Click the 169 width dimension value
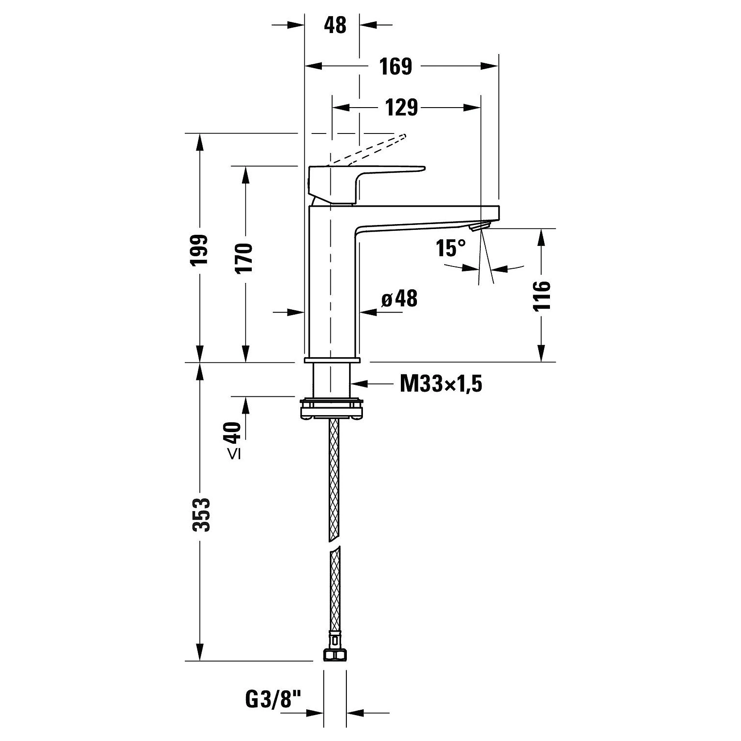pos(395,67)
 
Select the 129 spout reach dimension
pos(401,108)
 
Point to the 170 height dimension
pos(245,258)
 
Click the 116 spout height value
pos(542,296)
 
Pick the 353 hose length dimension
pos(201,515)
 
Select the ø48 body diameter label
pos(400,299)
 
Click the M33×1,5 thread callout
pos(441,383)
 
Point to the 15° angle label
pos(451,248)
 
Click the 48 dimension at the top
pos(335,25)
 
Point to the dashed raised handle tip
pos(403,137)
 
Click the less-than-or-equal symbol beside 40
pos(234,454)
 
